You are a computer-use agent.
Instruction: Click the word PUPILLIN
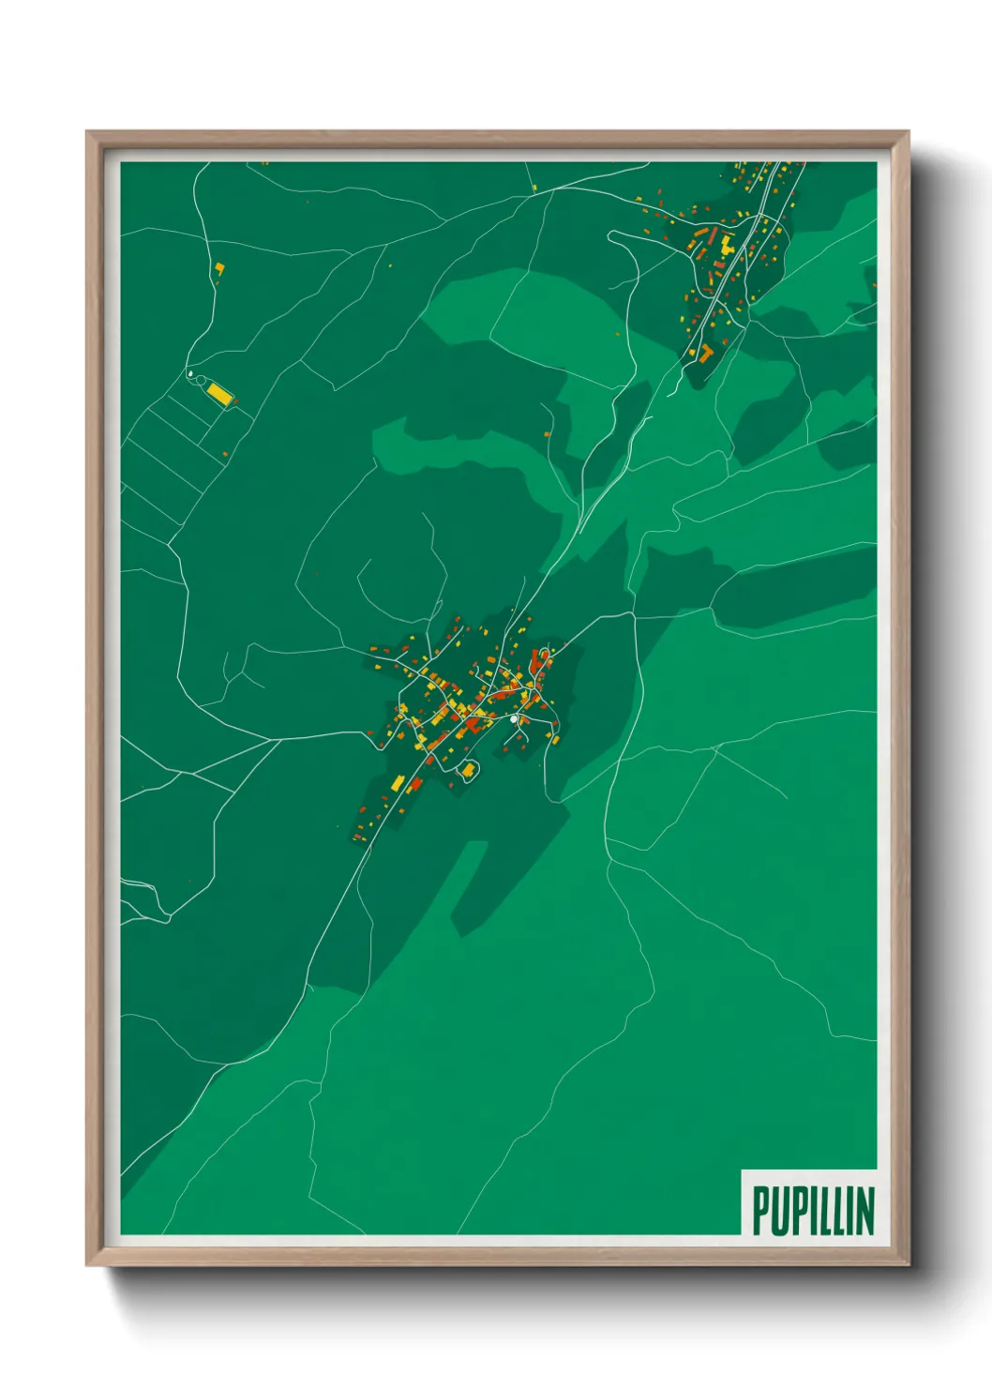813,1210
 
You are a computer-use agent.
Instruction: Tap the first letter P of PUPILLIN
760,1211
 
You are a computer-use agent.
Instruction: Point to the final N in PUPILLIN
864,1211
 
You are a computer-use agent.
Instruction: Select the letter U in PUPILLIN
780,1211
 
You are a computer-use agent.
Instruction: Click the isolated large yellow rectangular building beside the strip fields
219,392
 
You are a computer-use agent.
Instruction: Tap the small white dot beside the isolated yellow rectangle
190,374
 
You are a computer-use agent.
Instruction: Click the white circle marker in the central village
514,718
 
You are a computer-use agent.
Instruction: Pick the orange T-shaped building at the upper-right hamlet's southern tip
704,353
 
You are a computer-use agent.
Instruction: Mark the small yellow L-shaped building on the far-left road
219,269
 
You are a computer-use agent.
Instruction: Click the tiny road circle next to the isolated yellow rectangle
199,379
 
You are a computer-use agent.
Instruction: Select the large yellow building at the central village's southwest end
398,782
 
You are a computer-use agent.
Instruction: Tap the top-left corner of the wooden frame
87,132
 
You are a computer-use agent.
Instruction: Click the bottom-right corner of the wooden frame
908,1264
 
